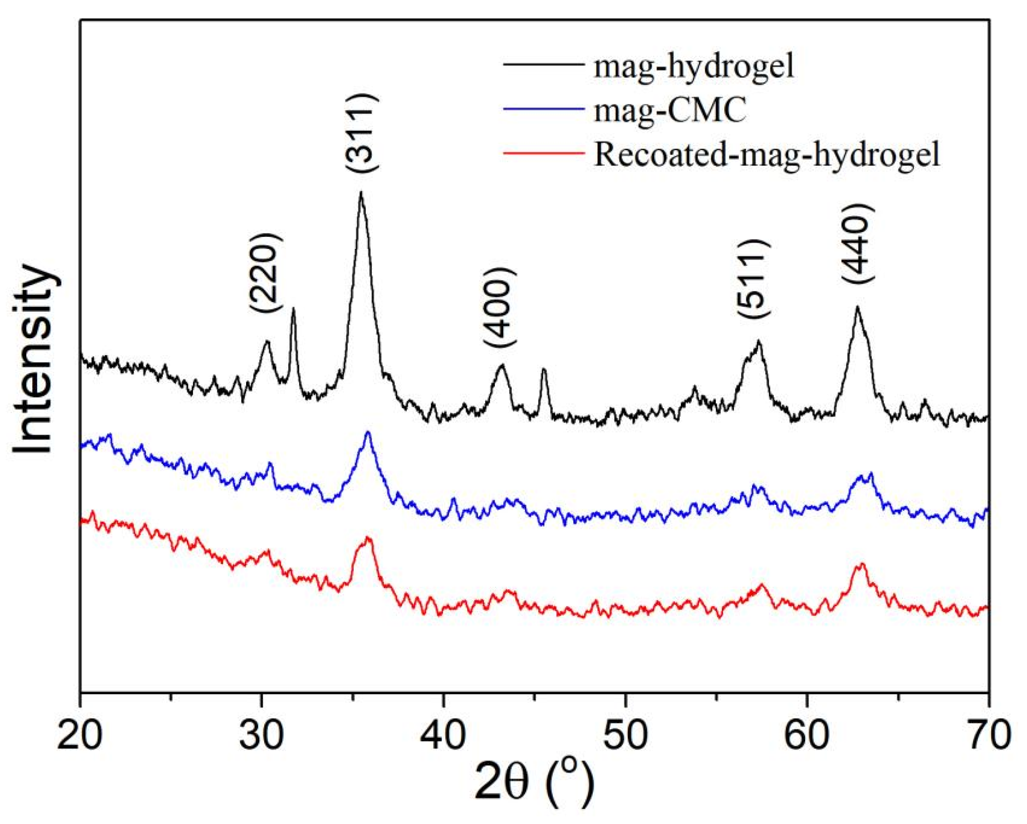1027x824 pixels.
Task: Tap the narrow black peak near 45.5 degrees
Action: [x=544, y=369]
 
